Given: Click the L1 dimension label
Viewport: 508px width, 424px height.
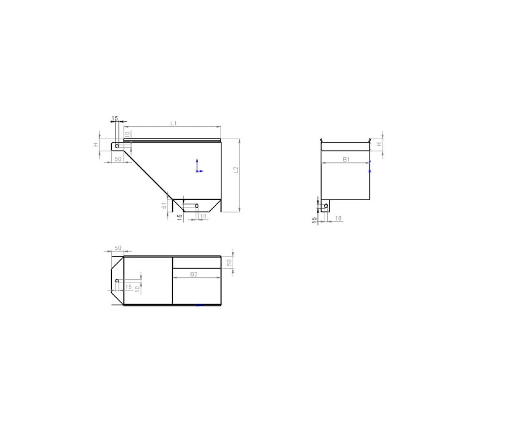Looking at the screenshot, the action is coord(173,123).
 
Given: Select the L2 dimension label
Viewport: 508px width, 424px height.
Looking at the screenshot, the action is coord(236,170).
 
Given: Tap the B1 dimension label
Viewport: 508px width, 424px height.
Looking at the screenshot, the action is coord(346,159).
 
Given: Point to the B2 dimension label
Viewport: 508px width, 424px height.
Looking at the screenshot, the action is coord(193,274).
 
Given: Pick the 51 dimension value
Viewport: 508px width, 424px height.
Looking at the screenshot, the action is coord(165,205).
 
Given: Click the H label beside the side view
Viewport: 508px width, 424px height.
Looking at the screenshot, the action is coord(379,145).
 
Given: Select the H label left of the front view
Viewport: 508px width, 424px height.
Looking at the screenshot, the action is coord(96,145).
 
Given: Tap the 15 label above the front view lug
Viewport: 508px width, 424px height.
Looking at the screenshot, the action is coord(115,118).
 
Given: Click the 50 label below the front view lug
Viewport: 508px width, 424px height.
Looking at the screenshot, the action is coord(118,159).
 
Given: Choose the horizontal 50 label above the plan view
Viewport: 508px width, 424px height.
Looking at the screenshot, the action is coord(118,248).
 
